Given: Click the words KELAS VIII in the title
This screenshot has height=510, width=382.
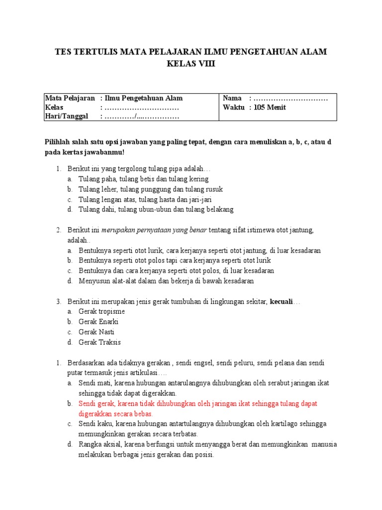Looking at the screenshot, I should tap(191, 64).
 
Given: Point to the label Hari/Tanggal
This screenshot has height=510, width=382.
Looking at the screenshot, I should tap(66, 116).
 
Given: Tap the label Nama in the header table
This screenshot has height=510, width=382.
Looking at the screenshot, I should tap(232, 98).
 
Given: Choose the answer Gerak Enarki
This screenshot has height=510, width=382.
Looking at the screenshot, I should tap(98, 321).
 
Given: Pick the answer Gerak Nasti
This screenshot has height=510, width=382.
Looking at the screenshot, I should tap(96, 332).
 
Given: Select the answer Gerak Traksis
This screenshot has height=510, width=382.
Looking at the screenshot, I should tap(99, 342).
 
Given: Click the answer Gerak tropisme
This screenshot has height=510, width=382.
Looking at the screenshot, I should tap(101, 311).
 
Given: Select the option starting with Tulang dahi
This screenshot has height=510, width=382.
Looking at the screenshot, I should tap(156, 209).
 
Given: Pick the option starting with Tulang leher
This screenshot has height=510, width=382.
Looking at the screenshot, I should tap(150, 189).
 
